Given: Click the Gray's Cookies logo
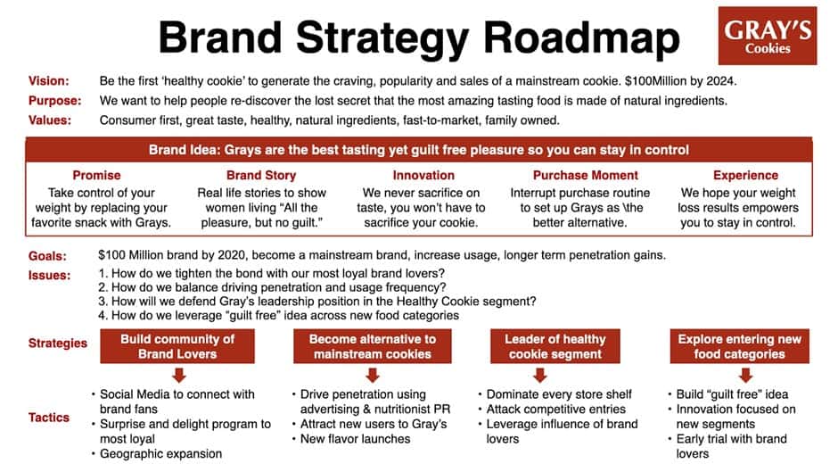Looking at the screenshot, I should tap(768, 36).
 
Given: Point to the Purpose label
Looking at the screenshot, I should tap(54, 101).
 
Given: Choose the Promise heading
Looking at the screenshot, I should tap(96, 176).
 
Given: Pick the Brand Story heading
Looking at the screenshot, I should tap(261, 176).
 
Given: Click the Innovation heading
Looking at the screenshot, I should tap(423, 176).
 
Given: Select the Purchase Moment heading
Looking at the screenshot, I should tap(586, 176).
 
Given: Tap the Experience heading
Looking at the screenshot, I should tap(745, 176).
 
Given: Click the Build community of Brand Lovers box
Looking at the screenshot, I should tap(177, 346).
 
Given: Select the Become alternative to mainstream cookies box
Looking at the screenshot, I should tap(373, 346).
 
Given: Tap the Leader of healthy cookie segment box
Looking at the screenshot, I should tap(555, 346).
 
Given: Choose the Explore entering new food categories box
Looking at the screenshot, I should tap(739, 346).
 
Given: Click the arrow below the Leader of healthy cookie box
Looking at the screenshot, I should tap(555, 376).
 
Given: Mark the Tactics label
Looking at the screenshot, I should tap(51, 417).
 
